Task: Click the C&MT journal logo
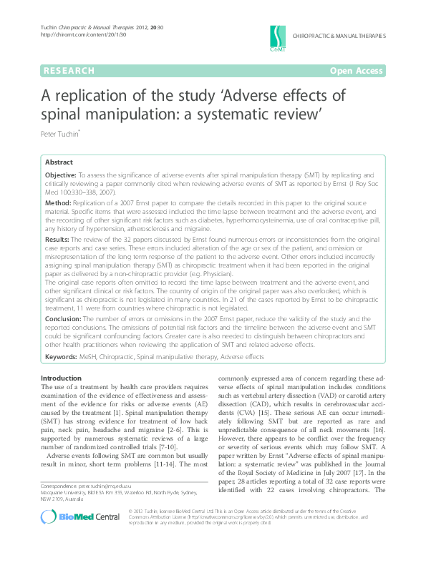click(277, 36)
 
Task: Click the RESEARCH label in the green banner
click(69, 70)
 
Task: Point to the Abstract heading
click(59, 162)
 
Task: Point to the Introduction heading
click(61, 378)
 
